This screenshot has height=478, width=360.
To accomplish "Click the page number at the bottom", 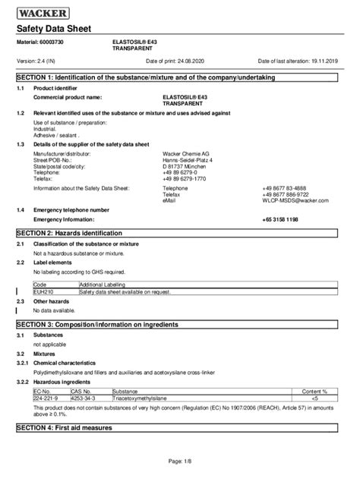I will [180, 461].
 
